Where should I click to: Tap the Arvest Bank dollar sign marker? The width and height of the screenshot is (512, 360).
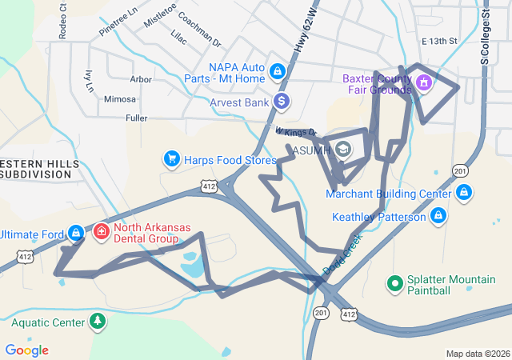[281, 102]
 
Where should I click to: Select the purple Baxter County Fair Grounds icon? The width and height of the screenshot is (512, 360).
[423, 82]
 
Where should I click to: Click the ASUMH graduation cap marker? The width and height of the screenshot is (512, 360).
[342, 150]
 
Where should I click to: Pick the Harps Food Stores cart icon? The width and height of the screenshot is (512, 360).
[171, 159]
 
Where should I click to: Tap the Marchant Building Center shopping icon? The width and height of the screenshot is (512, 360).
[464, 193]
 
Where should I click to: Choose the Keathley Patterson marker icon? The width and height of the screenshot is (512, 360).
[438, 216]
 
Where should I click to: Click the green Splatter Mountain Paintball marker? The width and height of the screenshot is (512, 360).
[394, 282]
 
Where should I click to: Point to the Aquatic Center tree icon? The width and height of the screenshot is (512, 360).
[98, 322]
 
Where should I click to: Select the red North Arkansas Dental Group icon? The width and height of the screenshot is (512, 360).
[102, 232]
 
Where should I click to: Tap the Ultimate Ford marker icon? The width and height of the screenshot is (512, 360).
[75, 233]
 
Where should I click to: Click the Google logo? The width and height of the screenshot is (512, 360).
[26, 350]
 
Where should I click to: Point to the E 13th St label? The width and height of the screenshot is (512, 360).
[438, 41]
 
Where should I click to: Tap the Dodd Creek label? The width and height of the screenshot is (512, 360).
[344, 258]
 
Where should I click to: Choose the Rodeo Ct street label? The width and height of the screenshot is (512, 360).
[62, 26]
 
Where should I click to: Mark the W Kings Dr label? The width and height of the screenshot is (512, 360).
[296, 132]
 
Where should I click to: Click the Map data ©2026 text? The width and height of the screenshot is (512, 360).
[477, 354]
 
